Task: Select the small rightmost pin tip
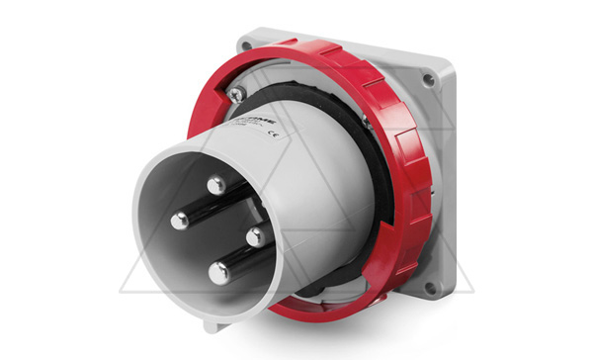(253, 235)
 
